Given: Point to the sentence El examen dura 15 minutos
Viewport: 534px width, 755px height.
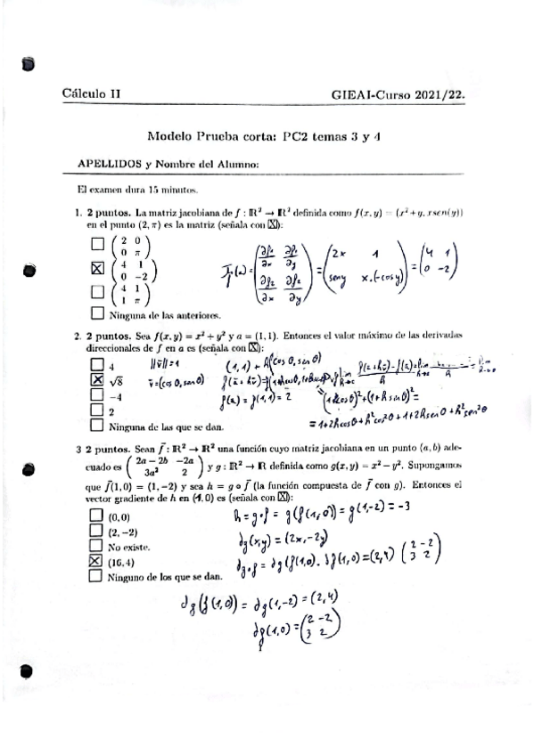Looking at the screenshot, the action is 136,190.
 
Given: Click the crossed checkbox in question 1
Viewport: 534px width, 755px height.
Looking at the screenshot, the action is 97,268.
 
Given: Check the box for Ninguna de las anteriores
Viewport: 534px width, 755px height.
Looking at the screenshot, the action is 97,313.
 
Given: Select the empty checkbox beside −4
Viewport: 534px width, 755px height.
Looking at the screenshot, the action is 97,394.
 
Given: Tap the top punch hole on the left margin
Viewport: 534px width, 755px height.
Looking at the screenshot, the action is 28,63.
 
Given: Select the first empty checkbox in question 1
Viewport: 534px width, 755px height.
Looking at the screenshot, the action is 97,243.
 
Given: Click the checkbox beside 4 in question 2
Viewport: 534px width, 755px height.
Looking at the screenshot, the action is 97,364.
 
